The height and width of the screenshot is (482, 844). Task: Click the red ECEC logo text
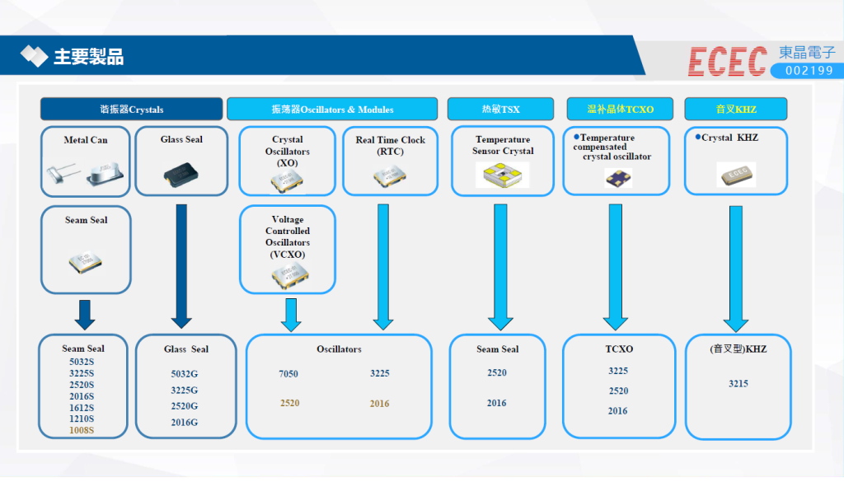click(728, 61)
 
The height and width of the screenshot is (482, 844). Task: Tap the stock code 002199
click(809, 72)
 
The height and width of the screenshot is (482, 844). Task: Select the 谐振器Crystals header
click(132, 109)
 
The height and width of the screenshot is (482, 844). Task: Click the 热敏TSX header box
click(500, 109)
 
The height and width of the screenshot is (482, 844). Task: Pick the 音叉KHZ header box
click(736, 109)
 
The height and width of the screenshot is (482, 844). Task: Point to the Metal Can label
click(86, 140)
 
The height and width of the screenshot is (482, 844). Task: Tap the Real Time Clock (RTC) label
click(390, 146)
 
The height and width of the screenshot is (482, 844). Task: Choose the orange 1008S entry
click(82, 430)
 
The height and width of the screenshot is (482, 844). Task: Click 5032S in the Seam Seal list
click(82, 362)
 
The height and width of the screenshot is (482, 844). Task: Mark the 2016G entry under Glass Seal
click(185, 423)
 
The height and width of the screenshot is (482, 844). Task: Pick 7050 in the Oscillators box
click(288, 374)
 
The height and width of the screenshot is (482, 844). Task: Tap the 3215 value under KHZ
click(738, 384)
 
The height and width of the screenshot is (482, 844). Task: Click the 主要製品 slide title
click(88, 57)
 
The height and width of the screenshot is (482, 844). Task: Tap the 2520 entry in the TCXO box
click(618, 391)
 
